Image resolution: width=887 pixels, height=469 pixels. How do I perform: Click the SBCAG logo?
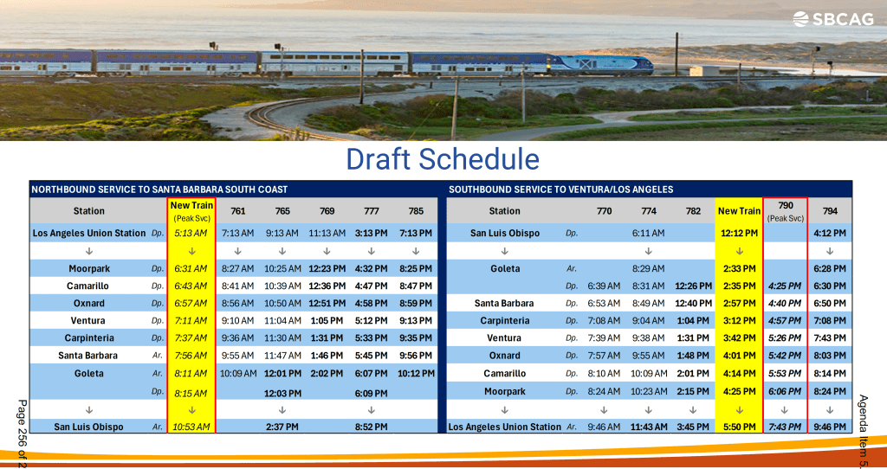(832, 19)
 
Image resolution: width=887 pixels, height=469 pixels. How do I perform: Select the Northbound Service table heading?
(159, 190)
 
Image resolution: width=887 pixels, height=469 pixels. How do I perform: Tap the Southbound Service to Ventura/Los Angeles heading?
(560, 190)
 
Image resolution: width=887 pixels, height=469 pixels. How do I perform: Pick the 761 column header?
(238, 211)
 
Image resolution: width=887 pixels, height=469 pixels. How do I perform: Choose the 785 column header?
(416, 211)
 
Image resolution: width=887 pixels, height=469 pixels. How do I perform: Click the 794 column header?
(830, 211)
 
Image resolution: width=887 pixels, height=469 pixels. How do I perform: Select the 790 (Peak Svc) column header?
(785, 211)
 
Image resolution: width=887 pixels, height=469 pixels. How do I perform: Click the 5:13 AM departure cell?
(191, 233)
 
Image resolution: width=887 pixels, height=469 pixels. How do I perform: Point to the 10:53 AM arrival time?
(191, 427)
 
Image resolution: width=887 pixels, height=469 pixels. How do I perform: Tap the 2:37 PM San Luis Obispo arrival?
(282, 427)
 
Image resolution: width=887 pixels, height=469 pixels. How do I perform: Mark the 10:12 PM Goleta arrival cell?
(416, 374)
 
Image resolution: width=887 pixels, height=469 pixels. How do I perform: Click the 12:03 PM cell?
(282, 393)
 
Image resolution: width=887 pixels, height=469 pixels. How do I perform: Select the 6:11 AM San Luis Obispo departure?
(648, 233)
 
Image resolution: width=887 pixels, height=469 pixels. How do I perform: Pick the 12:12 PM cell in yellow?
(740, 233)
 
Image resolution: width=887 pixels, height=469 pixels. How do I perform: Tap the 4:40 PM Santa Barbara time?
(785, 304)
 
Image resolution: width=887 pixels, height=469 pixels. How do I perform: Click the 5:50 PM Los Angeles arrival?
(740, 427)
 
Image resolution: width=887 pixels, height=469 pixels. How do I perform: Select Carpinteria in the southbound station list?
(505, 320)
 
